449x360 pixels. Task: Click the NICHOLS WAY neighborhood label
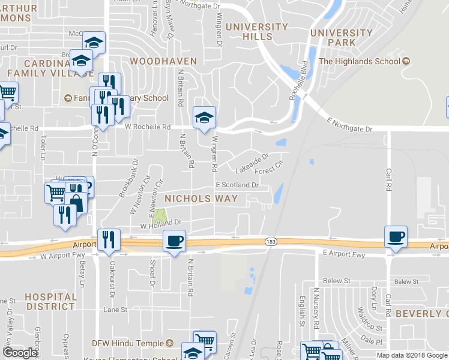coord(201,198)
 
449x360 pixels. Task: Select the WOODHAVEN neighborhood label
coord(155,61)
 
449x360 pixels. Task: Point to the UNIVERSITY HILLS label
coord(257,32)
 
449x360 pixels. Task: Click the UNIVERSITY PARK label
coord(342,38)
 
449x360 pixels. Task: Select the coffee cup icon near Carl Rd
coord(396,236)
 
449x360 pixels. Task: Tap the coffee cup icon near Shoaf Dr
coord(174,241)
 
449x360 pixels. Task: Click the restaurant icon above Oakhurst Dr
coord(109,239)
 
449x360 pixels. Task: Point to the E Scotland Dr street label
coord(237,185)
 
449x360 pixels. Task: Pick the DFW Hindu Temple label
coord(128,343)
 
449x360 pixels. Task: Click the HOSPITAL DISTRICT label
coord(51,301)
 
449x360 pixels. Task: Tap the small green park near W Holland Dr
coord(160,215)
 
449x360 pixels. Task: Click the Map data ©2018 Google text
coord(412,355)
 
